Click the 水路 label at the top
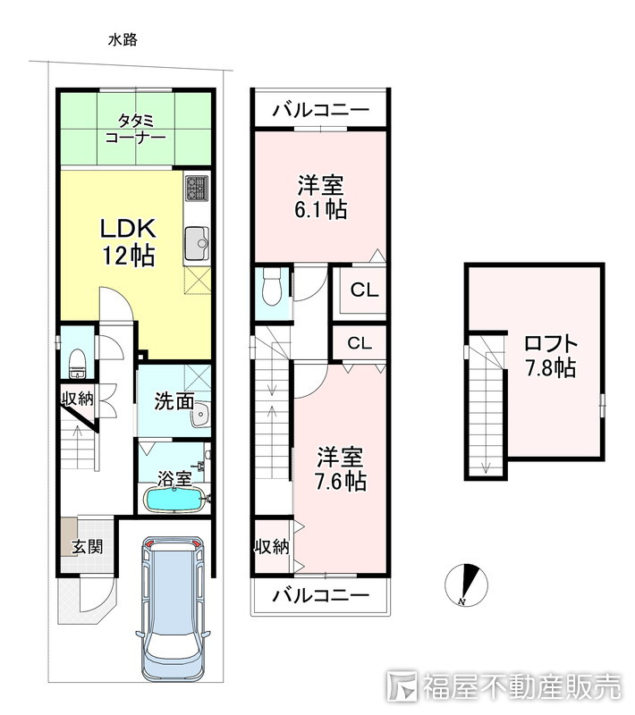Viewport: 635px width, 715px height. point(123,39)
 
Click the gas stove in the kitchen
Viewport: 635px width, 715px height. point(197,189)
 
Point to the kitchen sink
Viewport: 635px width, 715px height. point(196,240)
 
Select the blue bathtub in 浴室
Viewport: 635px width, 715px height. point(175,500)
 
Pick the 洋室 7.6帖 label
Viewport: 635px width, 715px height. point(341,469)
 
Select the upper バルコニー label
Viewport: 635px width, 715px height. point(320,111)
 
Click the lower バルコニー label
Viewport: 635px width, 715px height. point(321,593)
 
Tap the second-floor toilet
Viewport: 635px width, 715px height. point(273,289)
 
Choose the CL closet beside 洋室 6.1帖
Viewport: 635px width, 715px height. point(363,290)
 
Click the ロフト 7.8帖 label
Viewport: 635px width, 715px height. point(550,355)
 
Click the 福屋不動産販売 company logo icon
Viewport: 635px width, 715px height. point(404,686)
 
